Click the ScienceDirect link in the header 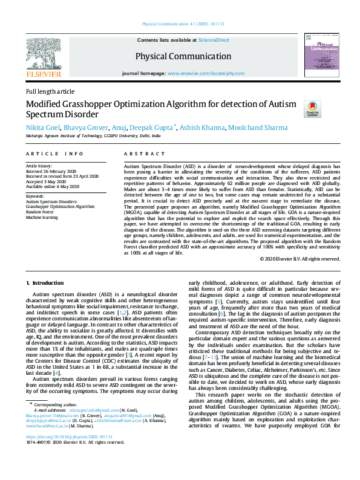[x=214, y=40]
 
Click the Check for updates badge [x=312, y=109]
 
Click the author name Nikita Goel [x=42, y=128]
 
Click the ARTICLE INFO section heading [x=54, y=154]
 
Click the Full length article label [x=50, y=91]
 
